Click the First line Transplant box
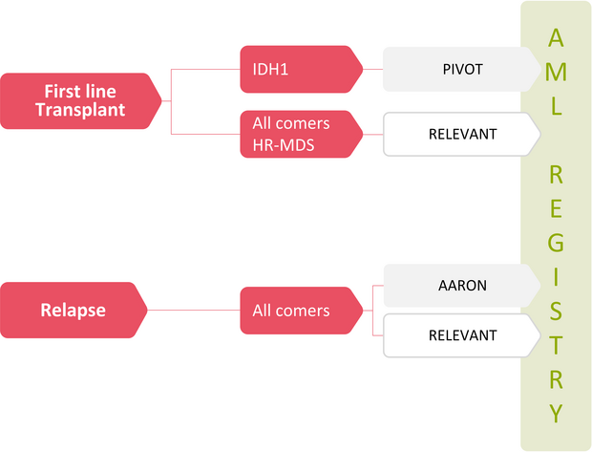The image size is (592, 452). click(x=81, y=101)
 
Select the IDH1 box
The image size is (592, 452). click(x=302, y=69)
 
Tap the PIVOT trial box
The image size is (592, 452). click(x=462, y=69)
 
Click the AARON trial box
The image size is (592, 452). click(x=462, y=286)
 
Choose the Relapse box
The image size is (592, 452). click(x=74, y=310)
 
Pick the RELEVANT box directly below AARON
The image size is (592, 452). click(x=462, y=335)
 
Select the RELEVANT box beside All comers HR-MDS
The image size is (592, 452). click(x=462, y=134)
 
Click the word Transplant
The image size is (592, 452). click(x=80, y=110)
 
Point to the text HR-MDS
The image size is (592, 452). click(x=284, y=145)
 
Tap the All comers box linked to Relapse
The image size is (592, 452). click(x=302, y=311)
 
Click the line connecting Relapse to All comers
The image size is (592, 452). click(x=194, y=311)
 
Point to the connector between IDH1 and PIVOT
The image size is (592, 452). click(x=373, y=69)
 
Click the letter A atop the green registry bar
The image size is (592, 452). click(x=556, y=38)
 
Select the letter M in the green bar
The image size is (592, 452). click(x=556, y=72)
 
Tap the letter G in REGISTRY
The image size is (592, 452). click(x=556, y=243)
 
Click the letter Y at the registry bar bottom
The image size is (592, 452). click(x=556, y=413)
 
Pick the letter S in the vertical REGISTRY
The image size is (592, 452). click(x=556, y=311)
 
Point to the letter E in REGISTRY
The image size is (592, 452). click(x=556, y=208)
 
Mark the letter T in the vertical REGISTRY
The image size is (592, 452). click(x=556, y=345)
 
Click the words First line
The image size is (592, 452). click(x=80, y=92)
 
